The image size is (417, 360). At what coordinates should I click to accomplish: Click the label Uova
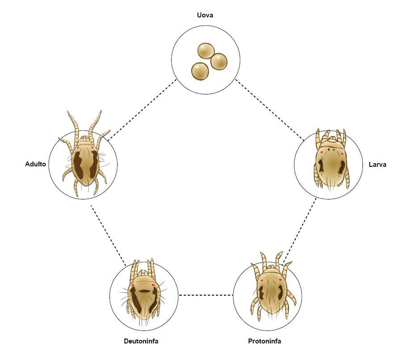pyautogui.click(x=205, y=15)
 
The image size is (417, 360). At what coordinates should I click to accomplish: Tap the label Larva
pyautogui.click(x=377, y=165)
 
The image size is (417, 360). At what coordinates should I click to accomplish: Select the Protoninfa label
pyautogui.click(x=264, y=341)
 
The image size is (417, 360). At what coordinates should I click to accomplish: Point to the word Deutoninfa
pyautogui.click(x=141, y=341)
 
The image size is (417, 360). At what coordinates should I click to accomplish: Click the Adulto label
pyautogui.click(x=35, y=164)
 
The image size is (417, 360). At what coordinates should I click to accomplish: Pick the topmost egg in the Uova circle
pyautogui.click(x=206, y=51)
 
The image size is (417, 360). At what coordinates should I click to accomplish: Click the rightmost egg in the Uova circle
pyautogui.click(x=219, y=61)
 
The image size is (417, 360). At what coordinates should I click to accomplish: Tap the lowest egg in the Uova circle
pyautogui.click(x=200, y=71)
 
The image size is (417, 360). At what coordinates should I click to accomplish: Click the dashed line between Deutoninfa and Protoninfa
pyautogui.click(x=206, y=295)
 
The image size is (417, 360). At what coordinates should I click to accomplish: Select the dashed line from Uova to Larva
pyautogui.click(x=270, y=110)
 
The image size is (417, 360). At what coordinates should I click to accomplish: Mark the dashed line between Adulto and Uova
pyautogui.click(x=142, y=110)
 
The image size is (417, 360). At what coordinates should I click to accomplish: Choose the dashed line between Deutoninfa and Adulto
pyautogui.click(x=108, y=236)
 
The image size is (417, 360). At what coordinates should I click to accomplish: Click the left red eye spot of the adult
pyautogui.click(x=78, y=148)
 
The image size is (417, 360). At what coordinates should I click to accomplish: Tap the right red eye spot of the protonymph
pyautogui.click(x=280, y=280)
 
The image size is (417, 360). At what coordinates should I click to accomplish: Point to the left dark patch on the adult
pyautogui.click(x=78, y=165)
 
